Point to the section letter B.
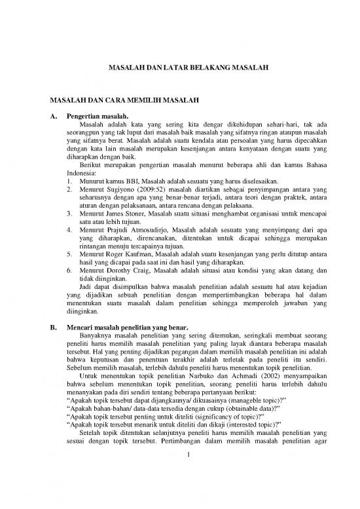tap(44, 328)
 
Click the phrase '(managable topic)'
tap(243, 414)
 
